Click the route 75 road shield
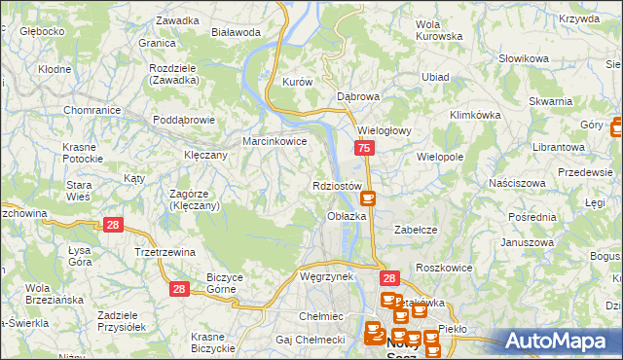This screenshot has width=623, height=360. [x=363, y=148]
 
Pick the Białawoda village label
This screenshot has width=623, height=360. [x=236, y=31]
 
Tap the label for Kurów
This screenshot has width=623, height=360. [x=297, y=83]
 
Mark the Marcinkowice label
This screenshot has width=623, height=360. [x=275, y=141]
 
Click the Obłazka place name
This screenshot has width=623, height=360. [x=347, y=216]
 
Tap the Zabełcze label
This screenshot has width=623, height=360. [x=414, y=230]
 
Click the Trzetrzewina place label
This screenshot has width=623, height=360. [x=165, y=252]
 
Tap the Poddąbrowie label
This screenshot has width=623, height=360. [x=184, y=121]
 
